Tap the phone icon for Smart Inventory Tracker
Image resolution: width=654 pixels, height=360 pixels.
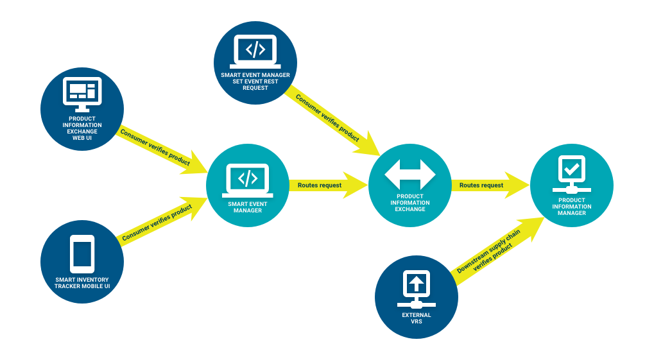pos(82,252)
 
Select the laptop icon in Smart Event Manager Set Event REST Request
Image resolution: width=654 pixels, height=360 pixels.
pos(255,51)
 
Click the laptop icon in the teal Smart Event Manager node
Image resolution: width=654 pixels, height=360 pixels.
pos(248,179)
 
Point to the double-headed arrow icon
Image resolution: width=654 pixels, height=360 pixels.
pos(410,174)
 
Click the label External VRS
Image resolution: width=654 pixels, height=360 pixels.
pos(416,318)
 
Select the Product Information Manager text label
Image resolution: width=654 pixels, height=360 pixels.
pos(571,207)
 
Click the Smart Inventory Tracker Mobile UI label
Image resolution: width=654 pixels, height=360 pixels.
pos(82,283)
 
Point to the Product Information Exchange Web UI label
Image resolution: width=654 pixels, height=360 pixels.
pos(82,128)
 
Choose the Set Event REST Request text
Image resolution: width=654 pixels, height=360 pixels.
pos(255,81)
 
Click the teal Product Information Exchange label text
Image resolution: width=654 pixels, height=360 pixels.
pos(410,203)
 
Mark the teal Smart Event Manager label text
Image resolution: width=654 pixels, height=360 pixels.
pos(248,207)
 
